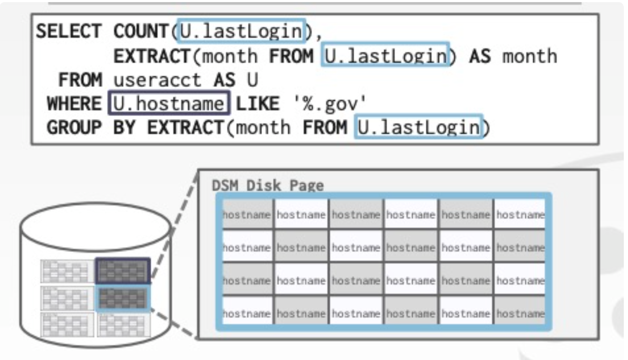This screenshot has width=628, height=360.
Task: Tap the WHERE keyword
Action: [74, 104]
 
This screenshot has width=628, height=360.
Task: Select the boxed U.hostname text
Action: [169, 104]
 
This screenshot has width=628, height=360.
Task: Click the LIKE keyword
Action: [258, 104]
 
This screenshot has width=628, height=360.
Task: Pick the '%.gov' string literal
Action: [329, 104]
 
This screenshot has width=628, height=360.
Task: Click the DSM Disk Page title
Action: [268, 186]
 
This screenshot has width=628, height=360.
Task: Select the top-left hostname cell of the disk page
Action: [247, 215]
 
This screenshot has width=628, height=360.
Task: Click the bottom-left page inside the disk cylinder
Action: [67, 324]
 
